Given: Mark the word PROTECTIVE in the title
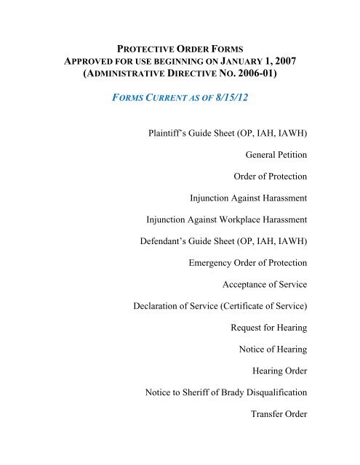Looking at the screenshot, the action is point(142,46).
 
